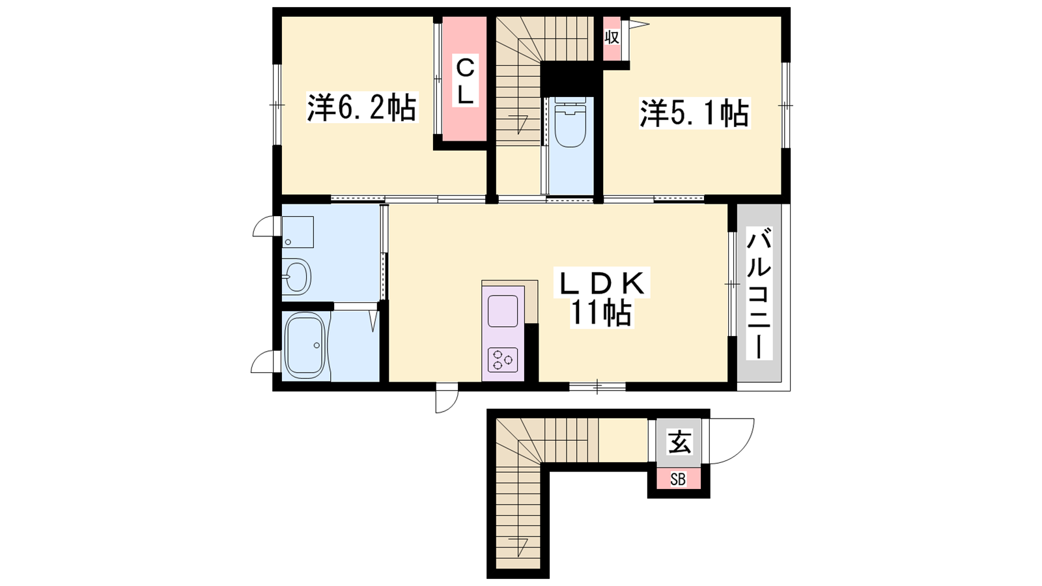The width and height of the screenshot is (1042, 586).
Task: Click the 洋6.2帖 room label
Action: point(361,107)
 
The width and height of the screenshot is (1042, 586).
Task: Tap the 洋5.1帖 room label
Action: point(694,113)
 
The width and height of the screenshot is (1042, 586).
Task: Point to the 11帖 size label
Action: point(600,313)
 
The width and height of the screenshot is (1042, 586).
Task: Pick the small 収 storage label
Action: point(612,38)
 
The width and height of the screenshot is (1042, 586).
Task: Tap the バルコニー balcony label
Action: point(759,293)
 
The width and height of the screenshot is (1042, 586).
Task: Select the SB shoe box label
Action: point(678,479)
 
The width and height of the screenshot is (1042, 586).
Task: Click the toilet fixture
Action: point(570,122)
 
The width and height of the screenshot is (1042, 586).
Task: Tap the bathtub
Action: point(305,345)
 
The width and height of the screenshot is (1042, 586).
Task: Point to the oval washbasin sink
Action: point(297,276)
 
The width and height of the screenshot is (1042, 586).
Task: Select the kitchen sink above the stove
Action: point(502,311)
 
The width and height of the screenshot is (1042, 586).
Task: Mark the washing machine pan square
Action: point(298,232)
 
